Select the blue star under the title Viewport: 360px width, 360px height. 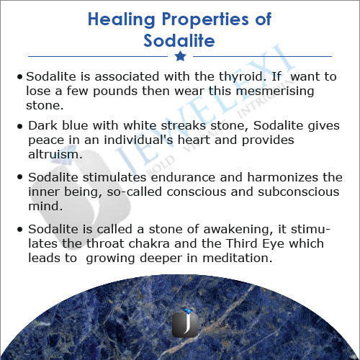coord(180,56)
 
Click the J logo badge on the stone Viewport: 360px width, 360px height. coord(185,323)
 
